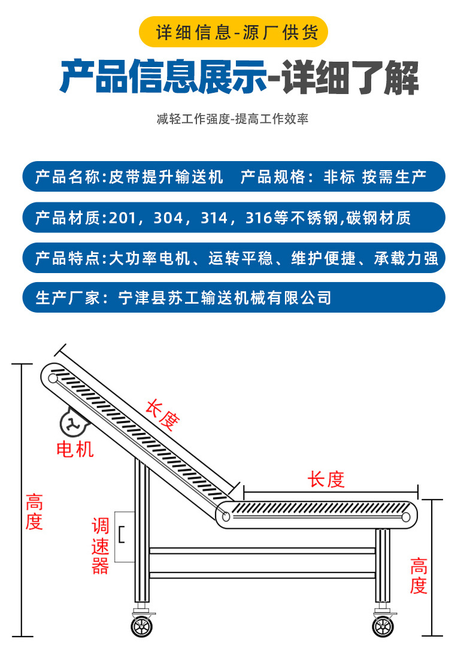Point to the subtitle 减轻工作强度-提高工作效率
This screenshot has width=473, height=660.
232,119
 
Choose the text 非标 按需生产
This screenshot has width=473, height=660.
374,177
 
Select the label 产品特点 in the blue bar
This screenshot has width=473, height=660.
66,258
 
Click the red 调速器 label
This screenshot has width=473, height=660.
100,546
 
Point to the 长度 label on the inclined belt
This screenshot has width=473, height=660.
162,416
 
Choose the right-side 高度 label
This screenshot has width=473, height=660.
419,575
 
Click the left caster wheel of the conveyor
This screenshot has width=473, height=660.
142,626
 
